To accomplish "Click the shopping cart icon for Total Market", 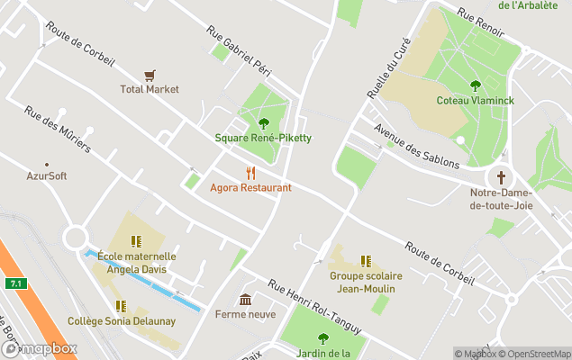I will (150, 76).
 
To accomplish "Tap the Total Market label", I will (150, 90).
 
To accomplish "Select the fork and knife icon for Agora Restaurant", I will (250, 173).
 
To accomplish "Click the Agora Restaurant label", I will (250, 187).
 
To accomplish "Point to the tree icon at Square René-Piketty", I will (263, 123).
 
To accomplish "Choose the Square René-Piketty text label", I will (263, 138).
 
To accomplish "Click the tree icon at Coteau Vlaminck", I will (475, 86).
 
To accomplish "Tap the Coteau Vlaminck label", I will (475, 101).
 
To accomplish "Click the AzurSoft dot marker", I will (46, 163).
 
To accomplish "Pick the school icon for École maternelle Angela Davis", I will (136, 241).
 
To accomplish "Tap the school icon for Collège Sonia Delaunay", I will (121, 306).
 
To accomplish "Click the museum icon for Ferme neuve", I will (245, 300).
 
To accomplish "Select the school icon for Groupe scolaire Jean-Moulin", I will (366, 261).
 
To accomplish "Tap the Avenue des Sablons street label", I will (416, 146).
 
